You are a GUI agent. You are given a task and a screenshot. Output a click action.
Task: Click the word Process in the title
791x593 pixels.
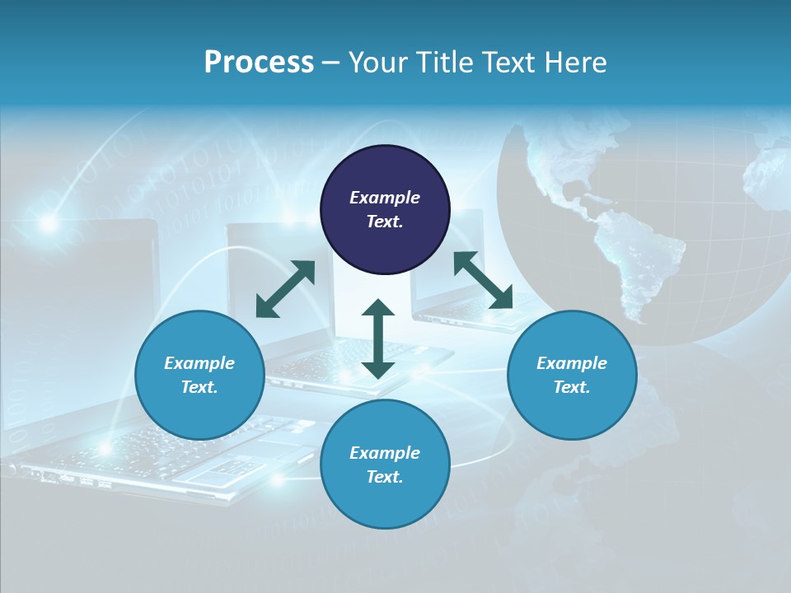[259, 63]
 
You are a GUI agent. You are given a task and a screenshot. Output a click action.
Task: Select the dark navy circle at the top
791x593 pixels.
[385, 210]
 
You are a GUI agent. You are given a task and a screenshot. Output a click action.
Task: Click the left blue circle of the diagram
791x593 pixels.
[199, 375]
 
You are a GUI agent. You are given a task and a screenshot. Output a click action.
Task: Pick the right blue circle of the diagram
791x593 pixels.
[572, 375]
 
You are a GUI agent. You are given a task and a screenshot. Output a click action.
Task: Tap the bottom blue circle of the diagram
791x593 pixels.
[385, 464]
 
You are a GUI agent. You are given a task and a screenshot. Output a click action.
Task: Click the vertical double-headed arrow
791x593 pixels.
[378, 339]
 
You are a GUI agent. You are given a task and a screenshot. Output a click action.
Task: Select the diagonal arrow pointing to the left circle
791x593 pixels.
[285, 289]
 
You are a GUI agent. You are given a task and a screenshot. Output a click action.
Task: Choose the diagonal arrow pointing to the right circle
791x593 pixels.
[483, 281]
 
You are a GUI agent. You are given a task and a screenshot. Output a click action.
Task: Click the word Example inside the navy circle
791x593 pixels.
[385, 198]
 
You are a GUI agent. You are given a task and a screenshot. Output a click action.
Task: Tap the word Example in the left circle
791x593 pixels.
[199, 363]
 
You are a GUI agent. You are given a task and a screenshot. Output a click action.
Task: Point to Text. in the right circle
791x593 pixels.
[572, 387]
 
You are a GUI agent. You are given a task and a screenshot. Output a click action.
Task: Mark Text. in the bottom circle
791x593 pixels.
[385, 477]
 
